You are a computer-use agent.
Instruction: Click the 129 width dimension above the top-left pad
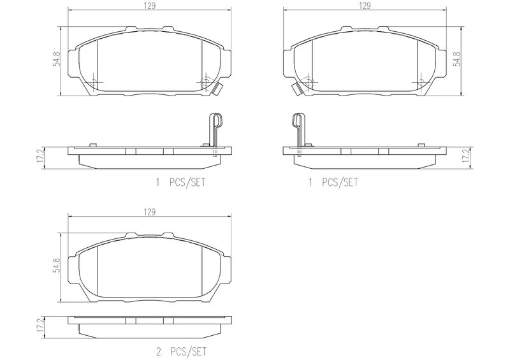click(x=149, y=6)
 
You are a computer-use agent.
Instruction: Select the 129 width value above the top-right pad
click(x=365, y=6)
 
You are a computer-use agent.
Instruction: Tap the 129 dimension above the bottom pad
click(x=149, y=212)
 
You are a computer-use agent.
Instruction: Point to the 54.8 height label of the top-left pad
click(x=57, y=59)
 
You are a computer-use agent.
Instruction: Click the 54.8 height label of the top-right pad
click(x=457, y=59)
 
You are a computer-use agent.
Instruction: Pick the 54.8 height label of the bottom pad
click(x=57, y=265)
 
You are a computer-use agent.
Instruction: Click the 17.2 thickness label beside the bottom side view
click(x=40, y=325)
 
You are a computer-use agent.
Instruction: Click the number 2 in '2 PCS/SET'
click(x=158, y=352)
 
